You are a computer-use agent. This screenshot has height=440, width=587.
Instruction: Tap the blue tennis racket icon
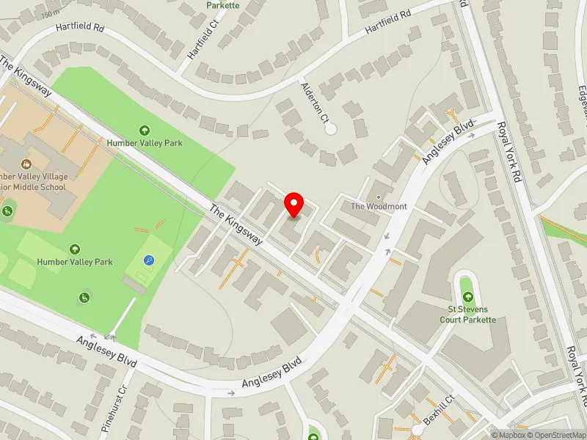(149, 260)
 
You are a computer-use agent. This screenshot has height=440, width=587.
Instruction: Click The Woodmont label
(378, 207)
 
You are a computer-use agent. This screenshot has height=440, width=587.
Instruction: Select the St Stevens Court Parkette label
(468, 315)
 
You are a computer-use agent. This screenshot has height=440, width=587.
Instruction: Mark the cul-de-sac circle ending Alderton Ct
(330, 129)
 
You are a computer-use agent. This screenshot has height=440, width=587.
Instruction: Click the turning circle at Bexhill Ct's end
(416, 429)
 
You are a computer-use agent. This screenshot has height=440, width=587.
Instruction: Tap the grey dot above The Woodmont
(379, 197)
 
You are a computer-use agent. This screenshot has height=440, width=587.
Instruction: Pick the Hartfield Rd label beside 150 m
(81, 28)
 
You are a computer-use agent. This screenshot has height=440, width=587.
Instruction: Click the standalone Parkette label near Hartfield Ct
(222, 5)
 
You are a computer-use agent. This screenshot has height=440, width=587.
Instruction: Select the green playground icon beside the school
(7, 212)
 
